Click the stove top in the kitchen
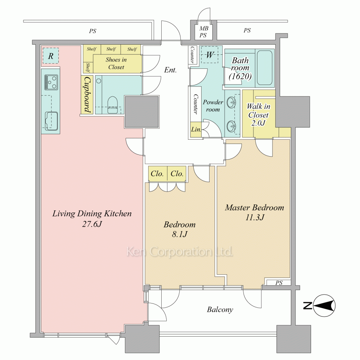[x=51, y=82]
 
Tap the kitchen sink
[x=51, y=121]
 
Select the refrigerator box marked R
[x=51, y=56]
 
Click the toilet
[x=112, y=105]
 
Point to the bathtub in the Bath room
[x=265, y=68]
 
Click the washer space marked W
[x=210, y=55]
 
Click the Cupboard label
[x=87, y=94]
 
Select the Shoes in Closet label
[x=116, y=63]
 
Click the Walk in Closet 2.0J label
[x=258, y=115]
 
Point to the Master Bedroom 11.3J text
[x=255, y=212]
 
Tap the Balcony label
[x=220, y=310]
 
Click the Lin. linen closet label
[x=196, y=130]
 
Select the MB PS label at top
[x=203, y=32]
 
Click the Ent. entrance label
[x=170, y=70]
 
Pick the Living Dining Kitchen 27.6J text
[x=92, y=219]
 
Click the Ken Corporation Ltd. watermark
[x=180, y=252]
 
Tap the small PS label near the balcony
[x=279, y=283]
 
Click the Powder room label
[x=213, y=105]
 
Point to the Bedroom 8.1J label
[x=180, y=229]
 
